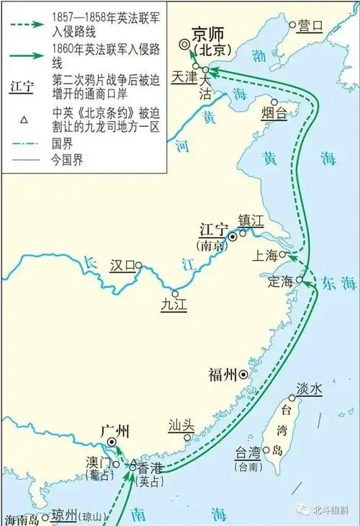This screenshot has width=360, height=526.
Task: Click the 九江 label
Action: point(174,306)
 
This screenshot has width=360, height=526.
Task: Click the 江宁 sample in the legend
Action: point(22,87)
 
